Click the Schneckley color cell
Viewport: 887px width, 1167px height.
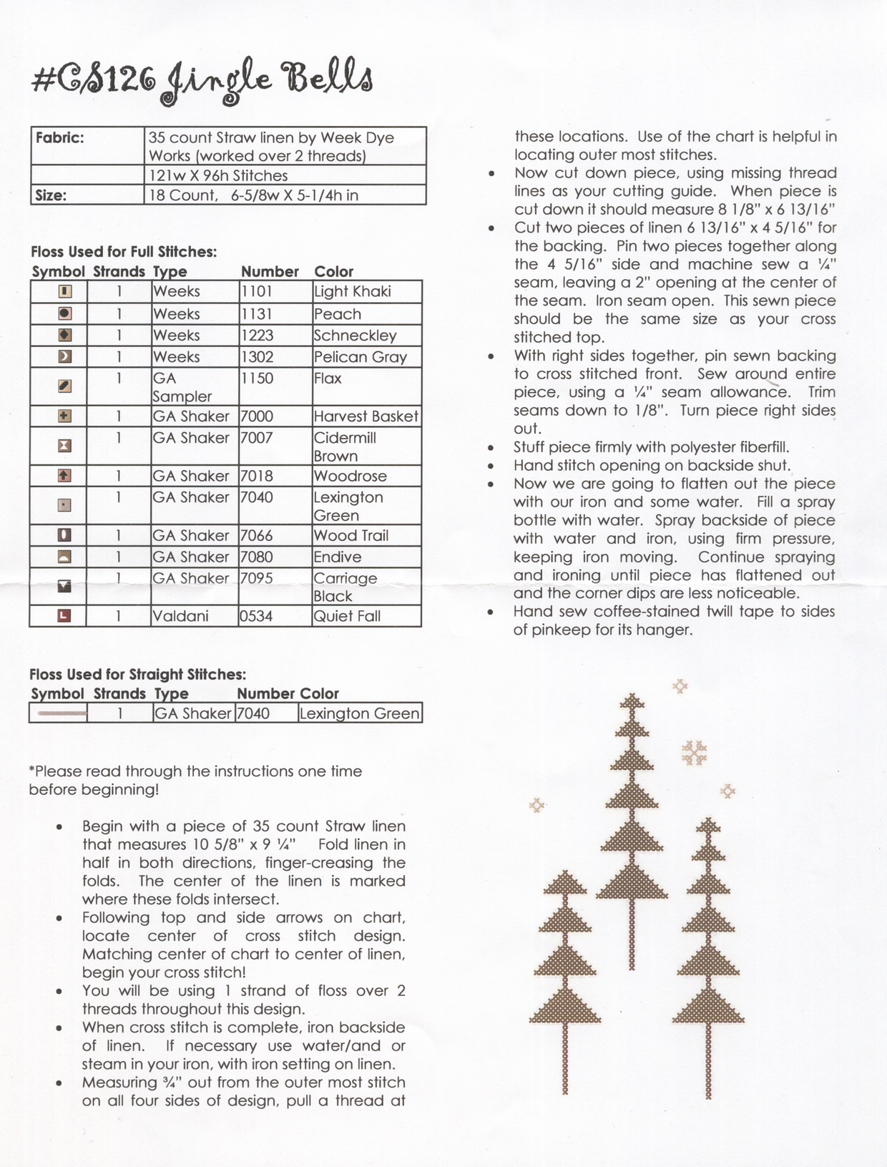point(355,336)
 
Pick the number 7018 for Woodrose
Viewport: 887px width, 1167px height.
point(257,476)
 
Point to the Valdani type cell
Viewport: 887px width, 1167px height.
point(180,616)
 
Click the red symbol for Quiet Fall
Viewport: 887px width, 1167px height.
point(64,615)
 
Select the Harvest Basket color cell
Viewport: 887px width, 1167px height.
point(366,416)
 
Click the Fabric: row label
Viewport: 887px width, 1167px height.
point(60,137)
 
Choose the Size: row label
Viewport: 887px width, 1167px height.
point(51,195)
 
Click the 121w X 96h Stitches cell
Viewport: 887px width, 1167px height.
point(218,176)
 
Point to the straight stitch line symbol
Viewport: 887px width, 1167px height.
point(62,713)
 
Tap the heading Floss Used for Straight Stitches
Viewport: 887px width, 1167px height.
point(137,674)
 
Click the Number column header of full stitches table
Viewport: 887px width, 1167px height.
point(270,272)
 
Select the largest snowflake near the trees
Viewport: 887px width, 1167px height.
point(693,752)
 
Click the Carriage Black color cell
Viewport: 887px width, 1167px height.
point(345,587)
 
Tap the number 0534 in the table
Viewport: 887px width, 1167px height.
point(256,616)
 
